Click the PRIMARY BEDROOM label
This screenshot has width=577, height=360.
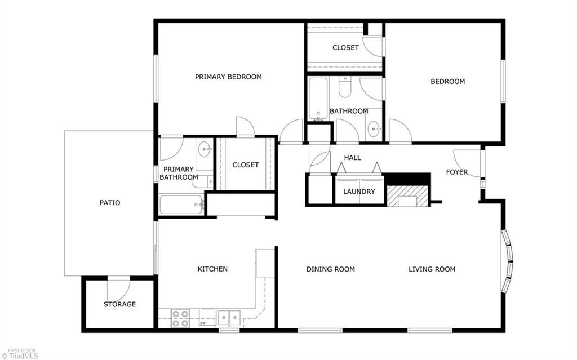coord(228,77)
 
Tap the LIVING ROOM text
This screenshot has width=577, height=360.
coord(432,269)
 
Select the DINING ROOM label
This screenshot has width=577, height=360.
coord(330,269)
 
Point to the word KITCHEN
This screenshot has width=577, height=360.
coord(212,269)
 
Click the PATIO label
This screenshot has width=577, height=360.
coord(110,203)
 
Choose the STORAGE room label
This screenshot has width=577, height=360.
coord(119,304)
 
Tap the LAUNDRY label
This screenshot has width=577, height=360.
coord(359,192)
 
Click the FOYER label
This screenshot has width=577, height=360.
coord(456,172)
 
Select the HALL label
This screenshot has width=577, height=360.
coord(353,158)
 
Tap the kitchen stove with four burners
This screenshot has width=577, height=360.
coord(180,319)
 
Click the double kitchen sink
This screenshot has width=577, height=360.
coord(229,318)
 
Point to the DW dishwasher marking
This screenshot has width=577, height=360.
coord(202,323)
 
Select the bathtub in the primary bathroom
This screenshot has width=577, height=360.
coord(181,204)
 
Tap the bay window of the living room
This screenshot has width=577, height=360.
coord(508,261)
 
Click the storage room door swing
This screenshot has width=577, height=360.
coord(119,287)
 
